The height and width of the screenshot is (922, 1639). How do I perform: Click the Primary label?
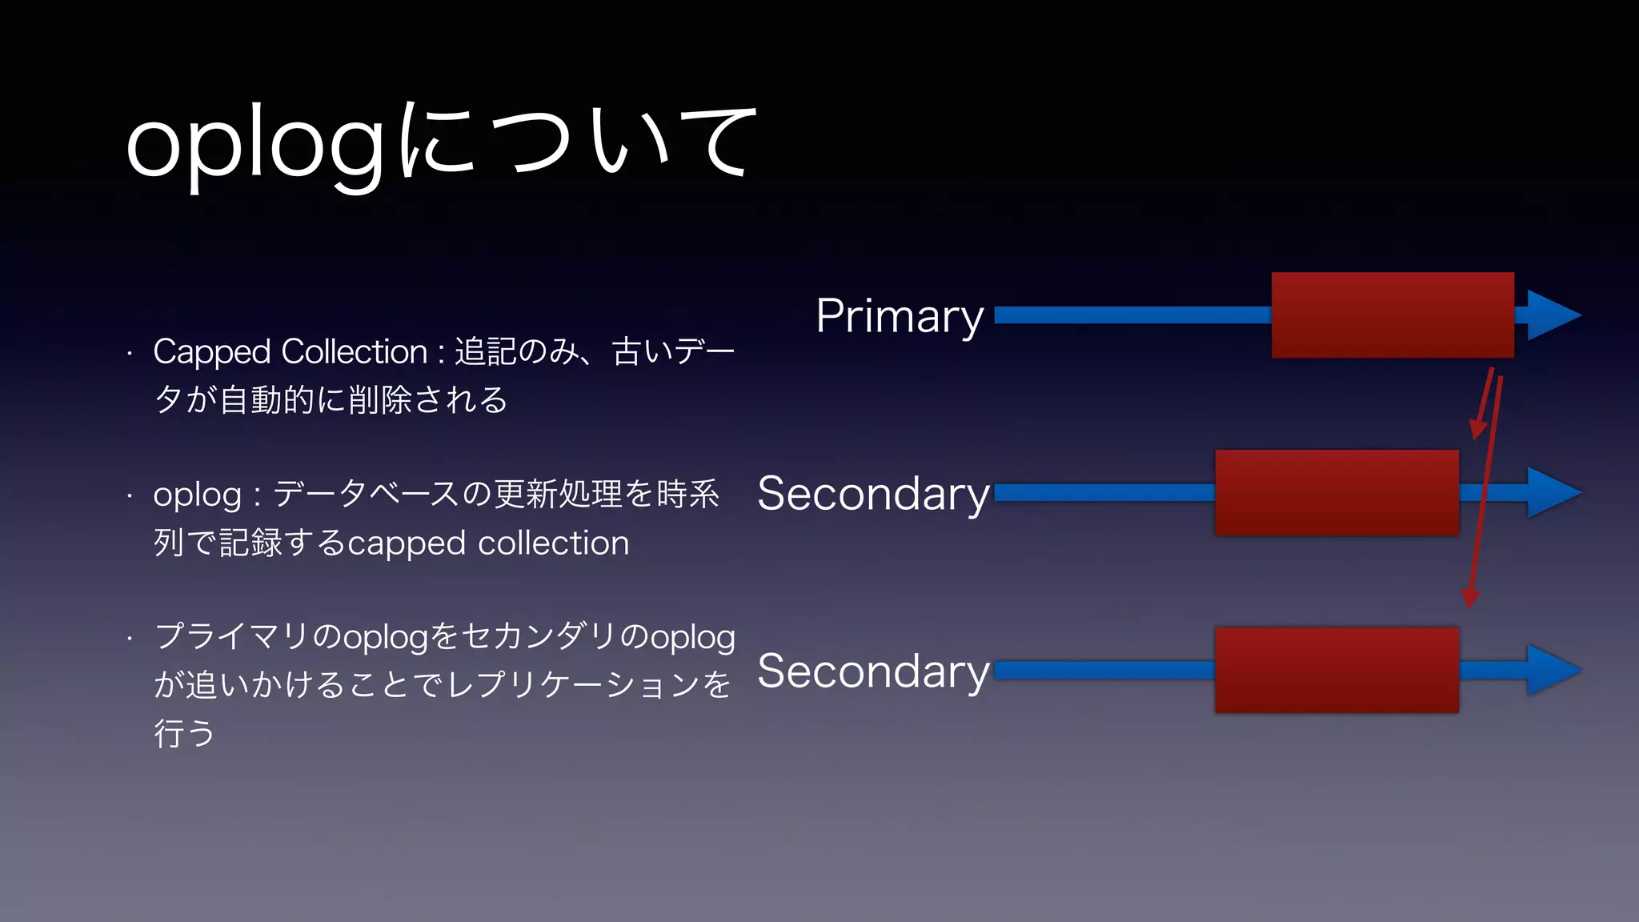[899, 315]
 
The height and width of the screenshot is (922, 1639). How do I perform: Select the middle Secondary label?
[873, 493]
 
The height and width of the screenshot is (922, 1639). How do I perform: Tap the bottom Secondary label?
[873, 671]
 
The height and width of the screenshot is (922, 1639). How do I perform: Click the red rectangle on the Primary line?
[1393, 315]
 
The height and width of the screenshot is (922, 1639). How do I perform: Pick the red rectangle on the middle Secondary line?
[1336, 493]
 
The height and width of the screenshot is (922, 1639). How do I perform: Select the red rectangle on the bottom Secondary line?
[1336, 671]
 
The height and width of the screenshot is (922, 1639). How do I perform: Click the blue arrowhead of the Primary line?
[1553, 315]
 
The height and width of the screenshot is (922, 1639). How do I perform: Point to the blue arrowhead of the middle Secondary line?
[1553, 493]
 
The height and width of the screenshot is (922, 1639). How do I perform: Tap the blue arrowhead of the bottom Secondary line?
[1553, 671]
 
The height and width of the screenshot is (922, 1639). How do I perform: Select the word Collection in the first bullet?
[355, 351]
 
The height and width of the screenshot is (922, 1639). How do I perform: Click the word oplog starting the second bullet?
[197, 495]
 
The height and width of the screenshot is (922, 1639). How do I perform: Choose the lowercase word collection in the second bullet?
[553, 543]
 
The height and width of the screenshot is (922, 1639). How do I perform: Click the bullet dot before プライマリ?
[129, 639]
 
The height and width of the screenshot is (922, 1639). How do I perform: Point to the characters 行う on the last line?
[184, 733]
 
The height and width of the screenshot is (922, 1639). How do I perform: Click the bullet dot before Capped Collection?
[129, 352]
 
